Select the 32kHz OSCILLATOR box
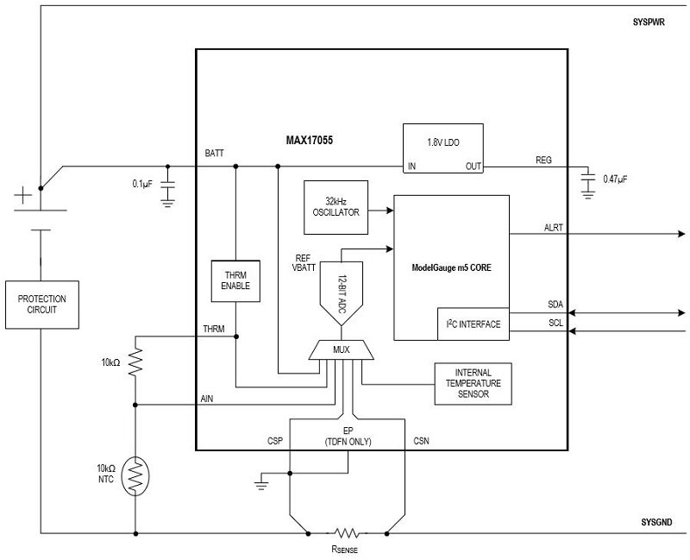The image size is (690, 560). [x=336, y=207]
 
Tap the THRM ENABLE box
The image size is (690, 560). [x=235, y=280]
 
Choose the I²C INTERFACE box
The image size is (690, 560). [x=473, y=324]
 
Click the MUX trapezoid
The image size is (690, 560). [x=342, y=350]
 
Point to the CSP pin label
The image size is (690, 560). [x=276, y=441]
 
